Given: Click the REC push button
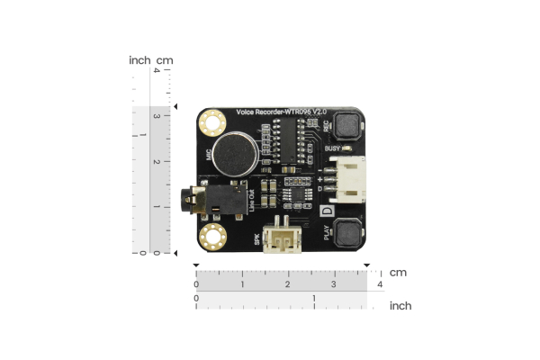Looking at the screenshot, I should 346,129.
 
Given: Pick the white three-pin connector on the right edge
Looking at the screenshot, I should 346,179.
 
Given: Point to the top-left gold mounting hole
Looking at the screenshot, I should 213,121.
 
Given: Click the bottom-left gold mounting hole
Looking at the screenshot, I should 213,237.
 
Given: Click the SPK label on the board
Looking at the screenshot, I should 256,239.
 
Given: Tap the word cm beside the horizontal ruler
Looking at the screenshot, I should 398,272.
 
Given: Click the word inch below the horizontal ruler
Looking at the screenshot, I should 400,306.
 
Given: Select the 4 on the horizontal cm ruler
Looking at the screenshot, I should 379,285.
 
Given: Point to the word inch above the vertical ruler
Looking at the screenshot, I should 139,60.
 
